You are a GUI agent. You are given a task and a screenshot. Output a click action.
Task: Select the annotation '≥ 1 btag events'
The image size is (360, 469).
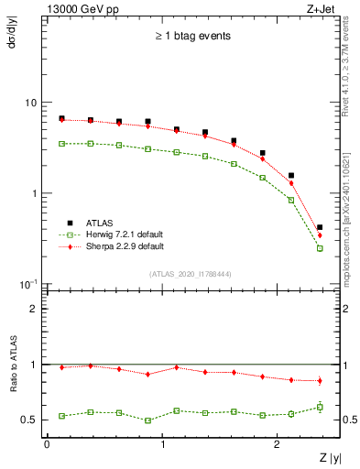coord(191,37)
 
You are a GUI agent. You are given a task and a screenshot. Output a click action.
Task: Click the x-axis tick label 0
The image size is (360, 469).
coord(47,444)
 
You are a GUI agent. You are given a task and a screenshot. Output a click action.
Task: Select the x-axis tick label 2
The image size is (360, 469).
coord(278,444)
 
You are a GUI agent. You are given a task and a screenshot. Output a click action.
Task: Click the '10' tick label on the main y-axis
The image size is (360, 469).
coord(31,103)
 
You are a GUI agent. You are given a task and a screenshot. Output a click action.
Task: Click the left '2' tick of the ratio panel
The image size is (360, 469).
coord(34,309)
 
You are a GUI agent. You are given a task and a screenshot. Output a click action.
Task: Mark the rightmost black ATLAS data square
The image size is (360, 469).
coord(319,227)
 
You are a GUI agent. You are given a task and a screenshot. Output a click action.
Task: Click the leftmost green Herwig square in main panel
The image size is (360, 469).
coord(61,144)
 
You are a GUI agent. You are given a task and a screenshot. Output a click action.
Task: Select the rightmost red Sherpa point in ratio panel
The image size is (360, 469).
coord(319,380)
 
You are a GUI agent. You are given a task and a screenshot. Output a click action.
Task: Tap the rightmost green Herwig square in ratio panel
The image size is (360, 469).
coord(319,407)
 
